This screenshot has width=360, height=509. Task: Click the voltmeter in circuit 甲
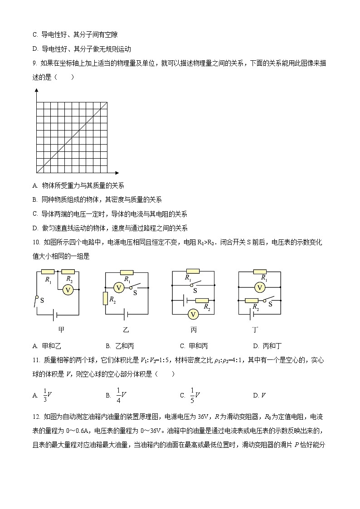click(x=68, y=289)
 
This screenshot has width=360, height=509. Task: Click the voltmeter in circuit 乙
click(x=118, y=287)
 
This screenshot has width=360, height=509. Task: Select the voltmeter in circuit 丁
click(x=260, y=287)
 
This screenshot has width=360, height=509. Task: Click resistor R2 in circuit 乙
click(x=105, y=299)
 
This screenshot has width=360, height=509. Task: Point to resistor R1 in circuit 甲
click(x=48, y=272)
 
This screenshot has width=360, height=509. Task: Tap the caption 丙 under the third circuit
click(x=194, y=330)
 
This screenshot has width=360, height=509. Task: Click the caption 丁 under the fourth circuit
click(x=260, y=330)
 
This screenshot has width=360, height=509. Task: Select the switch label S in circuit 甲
click(x=42, y=300)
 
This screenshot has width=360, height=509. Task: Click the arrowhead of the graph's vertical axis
click(x=36, y=90)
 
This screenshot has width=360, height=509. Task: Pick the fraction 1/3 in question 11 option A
click(x=45, y=395)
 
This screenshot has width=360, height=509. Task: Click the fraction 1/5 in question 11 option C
click(x=192, y=395)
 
